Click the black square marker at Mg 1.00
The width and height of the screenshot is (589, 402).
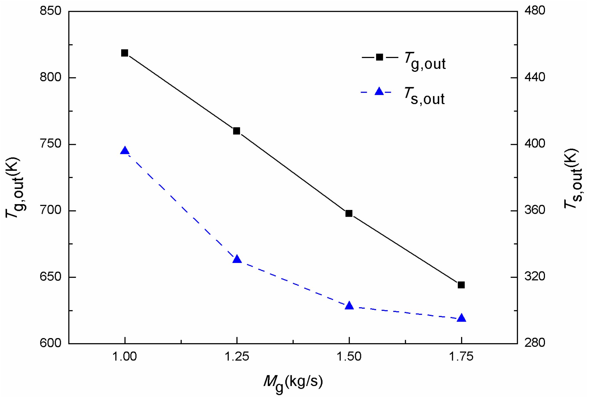point(125,53)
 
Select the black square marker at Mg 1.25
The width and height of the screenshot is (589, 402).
point(237,131)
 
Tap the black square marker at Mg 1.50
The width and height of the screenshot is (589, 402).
point(349,214)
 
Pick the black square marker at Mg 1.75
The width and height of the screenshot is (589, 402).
point(461,285)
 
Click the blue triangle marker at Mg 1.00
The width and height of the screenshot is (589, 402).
point(125,151)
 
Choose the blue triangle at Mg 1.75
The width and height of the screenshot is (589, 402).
point(461,318)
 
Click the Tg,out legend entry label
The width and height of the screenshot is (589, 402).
point(425,61)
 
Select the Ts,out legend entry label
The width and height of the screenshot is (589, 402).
point(424,96)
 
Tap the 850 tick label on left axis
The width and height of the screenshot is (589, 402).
point(50,11)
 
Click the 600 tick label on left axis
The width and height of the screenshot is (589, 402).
point(50,343)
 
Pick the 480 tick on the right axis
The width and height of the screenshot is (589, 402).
point(535,11)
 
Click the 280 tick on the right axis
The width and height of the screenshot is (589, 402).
point(535,343)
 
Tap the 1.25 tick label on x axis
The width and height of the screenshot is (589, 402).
point(237,357)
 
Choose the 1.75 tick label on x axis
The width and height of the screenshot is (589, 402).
point(461,357)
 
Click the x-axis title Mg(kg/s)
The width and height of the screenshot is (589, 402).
point(293,383)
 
